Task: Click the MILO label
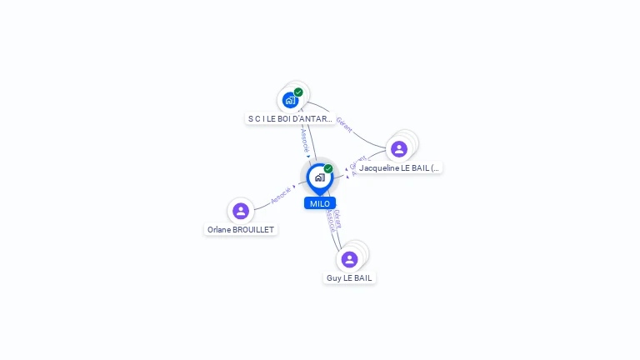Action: point(319,203)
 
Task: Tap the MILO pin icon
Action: point(319,177)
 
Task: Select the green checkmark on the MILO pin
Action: point(328,168)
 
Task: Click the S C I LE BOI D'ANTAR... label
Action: point(290,119)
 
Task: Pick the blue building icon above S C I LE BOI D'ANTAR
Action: point(289,100)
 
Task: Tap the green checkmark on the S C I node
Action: point(298,92)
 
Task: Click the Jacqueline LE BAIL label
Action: point(399,167)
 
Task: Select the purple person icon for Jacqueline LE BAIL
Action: point(399,149)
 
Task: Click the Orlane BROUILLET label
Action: point(241,229)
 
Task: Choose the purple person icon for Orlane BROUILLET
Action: point(241,211)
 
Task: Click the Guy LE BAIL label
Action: point(349,277)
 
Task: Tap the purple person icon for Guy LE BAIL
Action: point(349,259)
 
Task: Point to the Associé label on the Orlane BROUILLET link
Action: point(282,195)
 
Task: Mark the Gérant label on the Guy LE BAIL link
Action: point(337,217)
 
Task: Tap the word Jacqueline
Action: point(380,167)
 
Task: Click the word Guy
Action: point(333,277)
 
